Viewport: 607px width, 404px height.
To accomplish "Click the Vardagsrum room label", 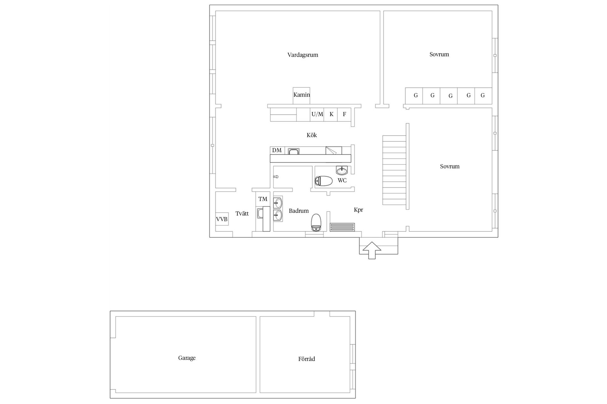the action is click(x=303, y=55).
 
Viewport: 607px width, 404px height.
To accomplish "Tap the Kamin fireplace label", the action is click(x=302, y=95).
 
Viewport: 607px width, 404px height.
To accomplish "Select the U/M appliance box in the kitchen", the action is click(x=317, y=115).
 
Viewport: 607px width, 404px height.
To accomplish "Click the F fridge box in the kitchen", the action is click(x=345, y=115).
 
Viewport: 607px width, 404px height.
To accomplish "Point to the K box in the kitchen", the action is click(x=331, y=115).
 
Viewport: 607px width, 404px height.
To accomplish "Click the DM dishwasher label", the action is click(x=277, y=150).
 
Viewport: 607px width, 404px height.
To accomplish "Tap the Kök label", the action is click(x=312, y=135).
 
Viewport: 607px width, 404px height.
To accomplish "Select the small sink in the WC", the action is click(x=341, y=170).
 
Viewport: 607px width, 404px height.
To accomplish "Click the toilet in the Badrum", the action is click(x=316, y=223).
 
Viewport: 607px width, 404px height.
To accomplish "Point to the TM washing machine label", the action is click(x=263, y=199).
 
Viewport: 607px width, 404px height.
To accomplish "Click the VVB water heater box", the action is click(x=222, y=219).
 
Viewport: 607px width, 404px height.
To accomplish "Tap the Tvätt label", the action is click(x=242, y=214).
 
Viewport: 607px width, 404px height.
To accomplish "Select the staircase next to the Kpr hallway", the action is click(x=394, y=170).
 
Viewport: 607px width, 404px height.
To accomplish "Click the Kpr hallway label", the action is click(x=359, y=210).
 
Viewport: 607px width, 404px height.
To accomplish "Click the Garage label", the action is click(x=187, y=358).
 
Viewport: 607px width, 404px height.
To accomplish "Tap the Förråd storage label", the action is click(x=307, y=359).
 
